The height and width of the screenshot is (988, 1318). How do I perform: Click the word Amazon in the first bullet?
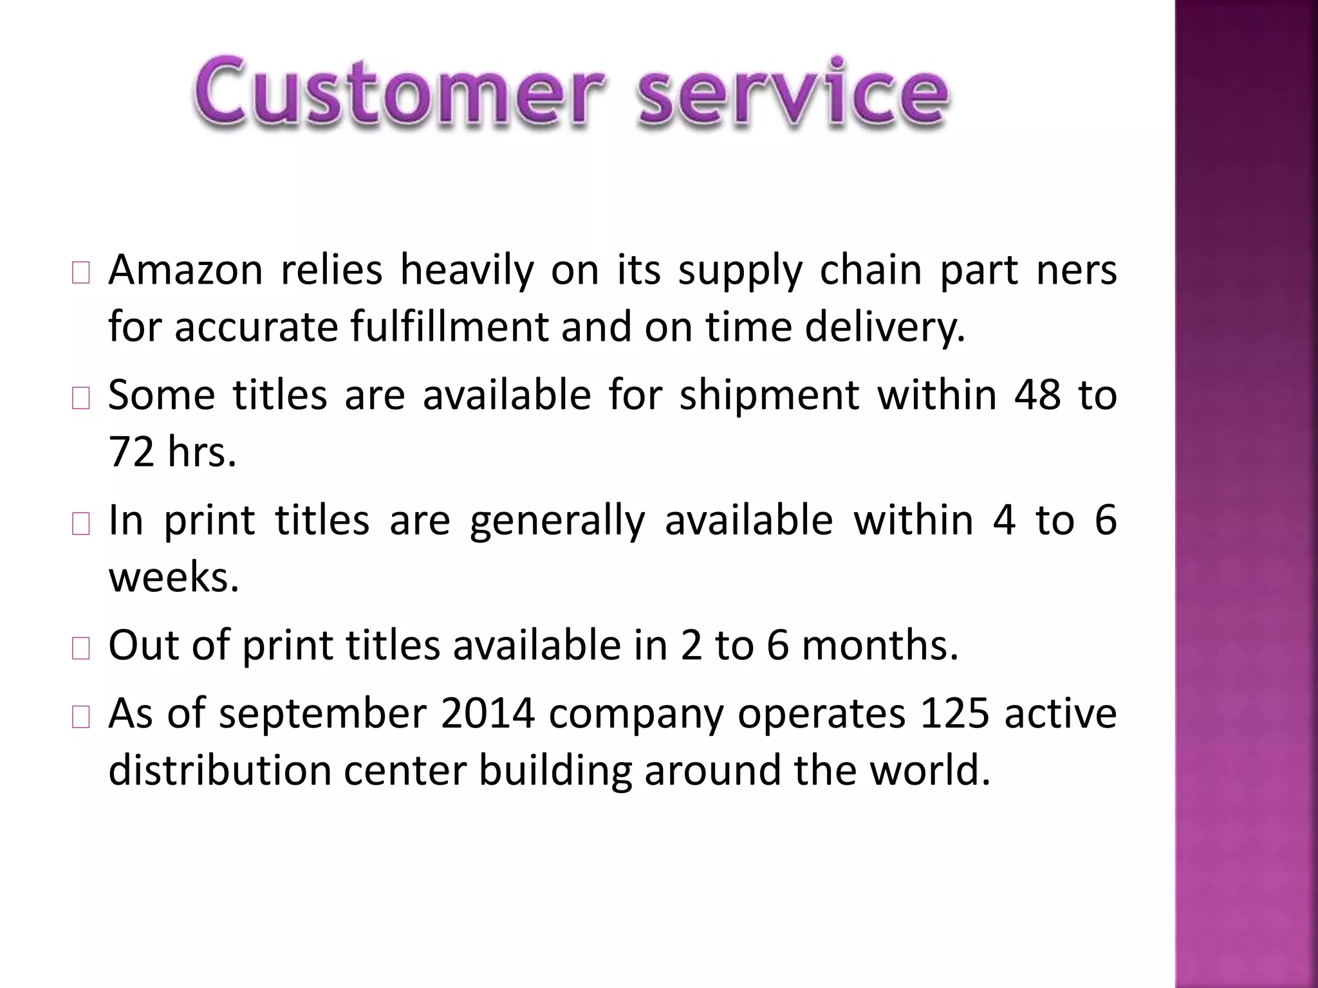click(x=185, y=270)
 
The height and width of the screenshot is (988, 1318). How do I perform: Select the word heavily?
click(x=467, y=270)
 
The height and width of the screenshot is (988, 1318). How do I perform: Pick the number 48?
click(x=1037, y=395)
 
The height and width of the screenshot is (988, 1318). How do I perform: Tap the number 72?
click(x=131, y=452)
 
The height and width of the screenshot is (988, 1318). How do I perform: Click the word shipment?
click(x=769, y=395)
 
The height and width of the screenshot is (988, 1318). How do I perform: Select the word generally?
click(x=557, y=521)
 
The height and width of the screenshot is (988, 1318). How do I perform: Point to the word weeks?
click(x=173, y=577)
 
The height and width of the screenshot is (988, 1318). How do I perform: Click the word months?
click(x=880, y=645)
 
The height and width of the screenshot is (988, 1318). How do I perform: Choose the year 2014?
click(x=488, y=714)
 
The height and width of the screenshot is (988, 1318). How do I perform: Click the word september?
click(x=322, y=714)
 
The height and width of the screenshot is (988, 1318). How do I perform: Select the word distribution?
click(x=219, y=770)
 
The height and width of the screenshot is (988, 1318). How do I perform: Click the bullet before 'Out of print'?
click(x=81, y=650)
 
